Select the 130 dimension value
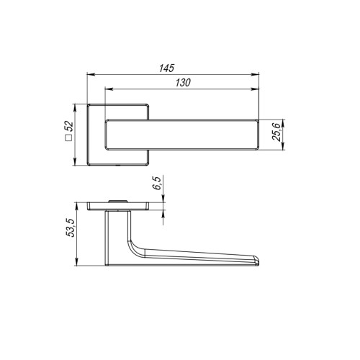pyautogui.click(x=182, y=83)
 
